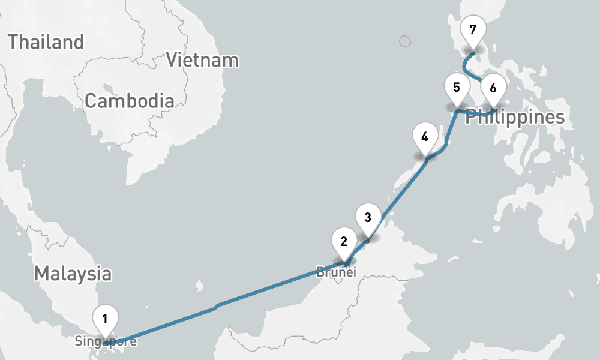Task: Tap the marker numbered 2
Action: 344,242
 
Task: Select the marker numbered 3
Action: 368,217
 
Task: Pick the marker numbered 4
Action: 425,136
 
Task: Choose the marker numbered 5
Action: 457,87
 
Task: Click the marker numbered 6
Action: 493,88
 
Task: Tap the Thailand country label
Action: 45,42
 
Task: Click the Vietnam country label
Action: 202,60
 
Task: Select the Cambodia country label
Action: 129,101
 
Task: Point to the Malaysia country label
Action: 73,274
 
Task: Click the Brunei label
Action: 337,272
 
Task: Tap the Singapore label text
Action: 106,342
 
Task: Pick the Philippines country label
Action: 515,118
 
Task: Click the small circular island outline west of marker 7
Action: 405,41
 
